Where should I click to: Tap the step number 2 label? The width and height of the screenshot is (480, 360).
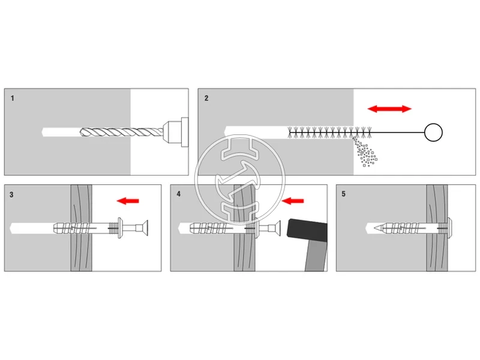point(206,98)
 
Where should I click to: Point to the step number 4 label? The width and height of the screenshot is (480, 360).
point(179,194)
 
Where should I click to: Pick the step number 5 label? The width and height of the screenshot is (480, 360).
point(344,194)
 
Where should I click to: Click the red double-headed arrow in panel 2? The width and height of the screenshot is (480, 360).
point(389,109)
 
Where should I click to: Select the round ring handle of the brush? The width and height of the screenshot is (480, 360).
point(433,132)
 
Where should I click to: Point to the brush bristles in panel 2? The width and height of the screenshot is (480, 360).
point(330,131)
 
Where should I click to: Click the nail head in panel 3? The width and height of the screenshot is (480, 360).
point(143,228)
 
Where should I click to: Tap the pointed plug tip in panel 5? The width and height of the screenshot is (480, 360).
point(371,228)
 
